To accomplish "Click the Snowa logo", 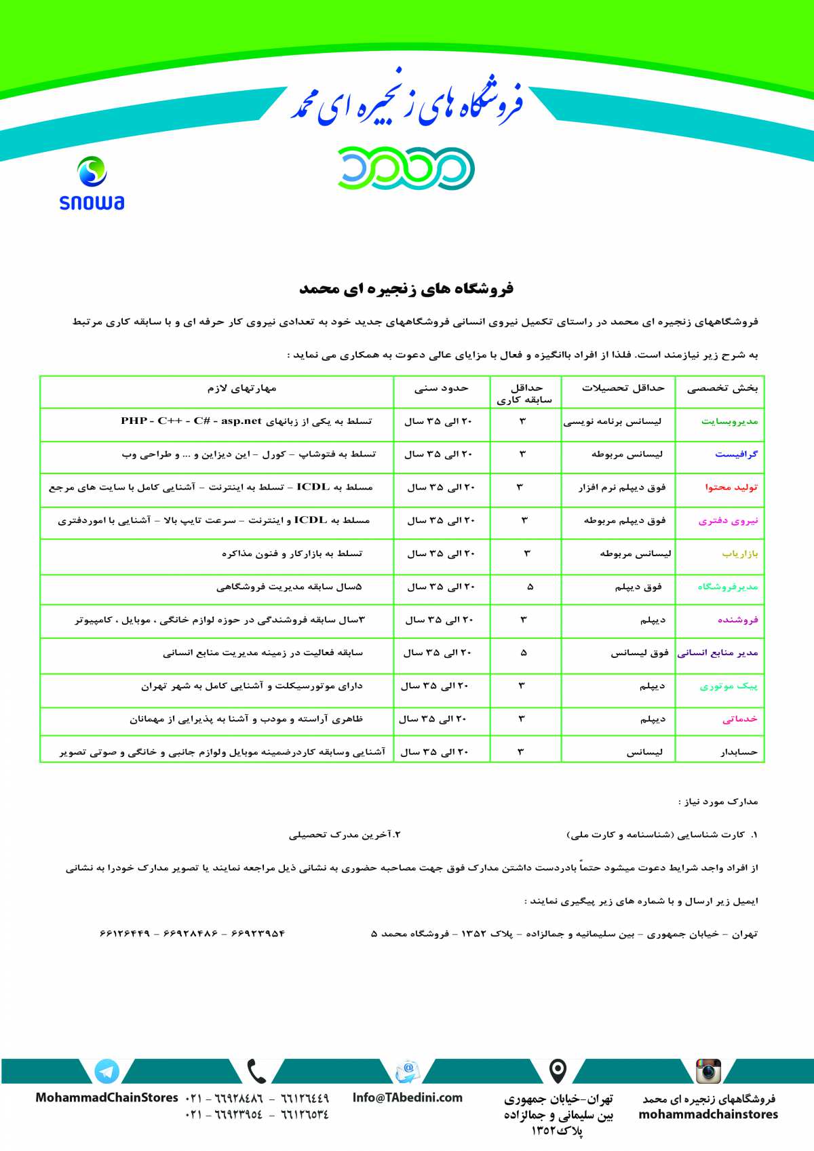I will [x=92, y=183].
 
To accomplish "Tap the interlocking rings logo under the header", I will [x=406, y=168].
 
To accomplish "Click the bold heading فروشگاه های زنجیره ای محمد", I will [x=406, y=289].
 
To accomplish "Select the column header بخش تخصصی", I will [x=722, y=389].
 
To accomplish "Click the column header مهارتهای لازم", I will [x=242, y=389].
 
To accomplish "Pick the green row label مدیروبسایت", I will [x=729, y=422].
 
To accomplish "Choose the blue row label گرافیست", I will [x=736, y=454].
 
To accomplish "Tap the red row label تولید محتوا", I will [x=731, y=488].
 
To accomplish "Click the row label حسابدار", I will [x=739, y=752].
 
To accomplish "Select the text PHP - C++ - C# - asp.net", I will [x=191, y=421].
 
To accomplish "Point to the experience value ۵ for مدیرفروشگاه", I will [x=530, y=587].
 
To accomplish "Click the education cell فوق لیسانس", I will [x=640, y=653].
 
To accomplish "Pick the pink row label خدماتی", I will [x=740, y=719].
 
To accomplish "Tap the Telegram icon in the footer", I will [x=106, y=1072].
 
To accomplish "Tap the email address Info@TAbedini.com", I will [x=407, y=1097].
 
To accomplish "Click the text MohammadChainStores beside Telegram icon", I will [x=106, y=1097].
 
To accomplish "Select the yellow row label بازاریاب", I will [x=740, y=554].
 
